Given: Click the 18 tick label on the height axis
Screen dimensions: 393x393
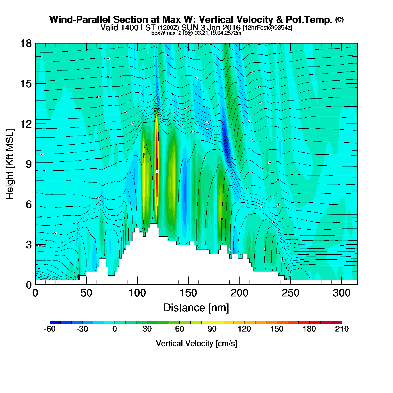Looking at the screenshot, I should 26,44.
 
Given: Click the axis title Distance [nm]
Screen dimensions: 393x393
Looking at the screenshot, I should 196,308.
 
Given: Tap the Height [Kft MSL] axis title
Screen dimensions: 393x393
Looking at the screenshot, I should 10,164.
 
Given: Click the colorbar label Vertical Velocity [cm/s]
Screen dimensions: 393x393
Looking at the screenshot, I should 196,344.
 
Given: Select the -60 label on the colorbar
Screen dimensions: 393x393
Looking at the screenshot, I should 50,329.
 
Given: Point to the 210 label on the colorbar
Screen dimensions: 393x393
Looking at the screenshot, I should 342,329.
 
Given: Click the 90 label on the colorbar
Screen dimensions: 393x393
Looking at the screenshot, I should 212,329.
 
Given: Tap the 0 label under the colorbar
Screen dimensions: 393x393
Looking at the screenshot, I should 115,329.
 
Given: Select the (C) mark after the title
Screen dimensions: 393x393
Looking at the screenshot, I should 339,19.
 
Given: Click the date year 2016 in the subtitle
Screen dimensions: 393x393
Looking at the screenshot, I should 232,28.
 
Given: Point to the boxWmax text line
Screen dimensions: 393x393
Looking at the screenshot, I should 196,33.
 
